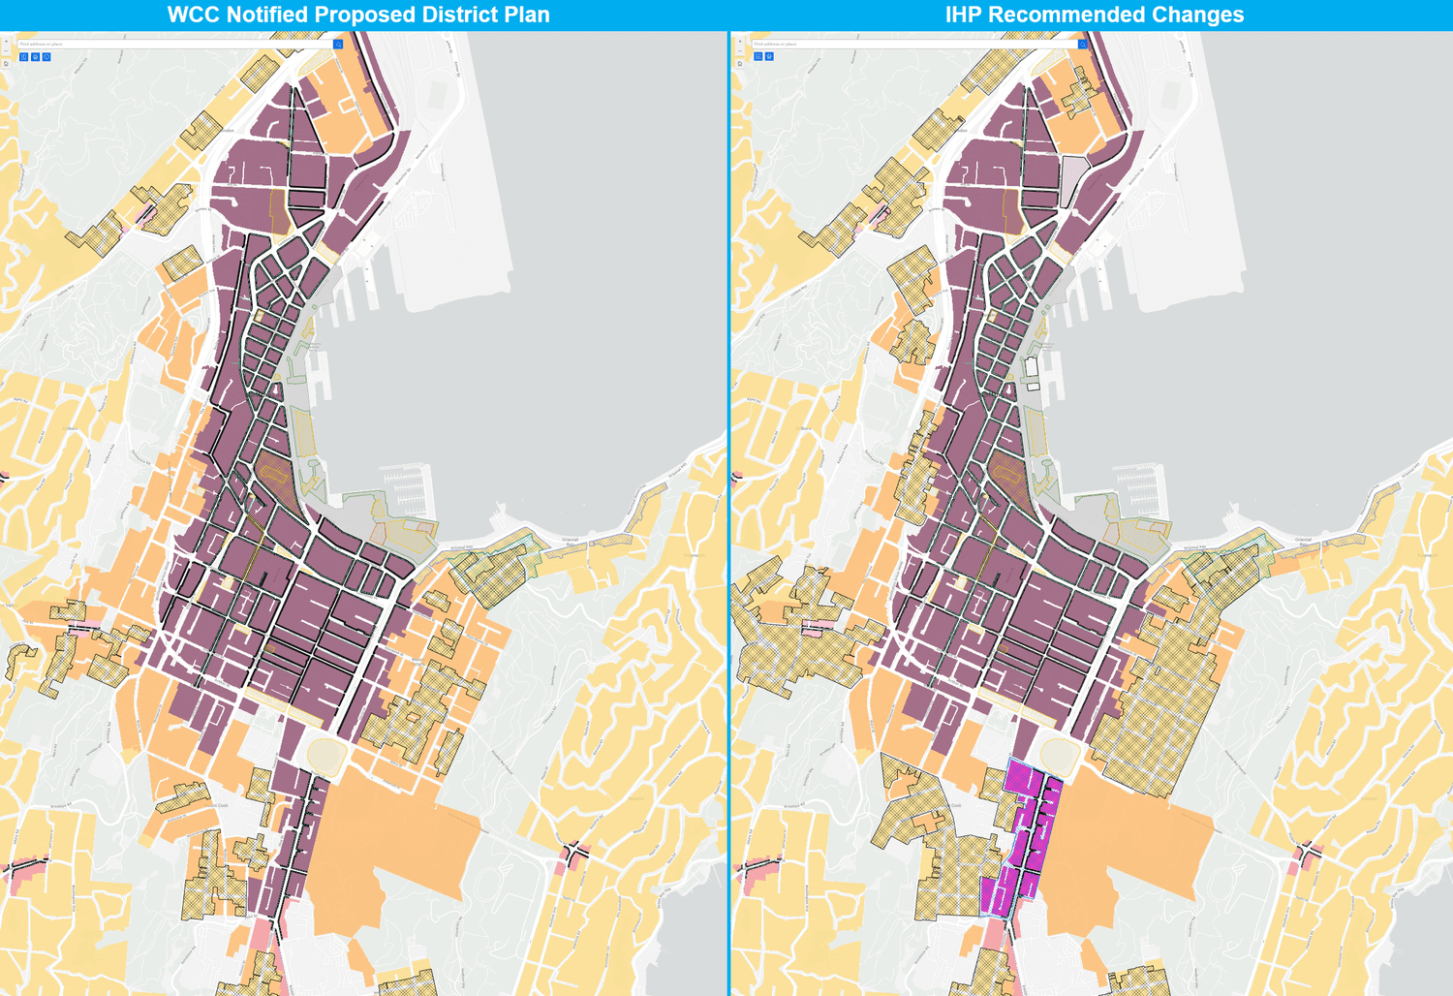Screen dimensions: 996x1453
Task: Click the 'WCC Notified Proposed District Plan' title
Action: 358,15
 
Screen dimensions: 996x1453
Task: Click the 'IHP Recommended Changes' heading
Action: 1094,15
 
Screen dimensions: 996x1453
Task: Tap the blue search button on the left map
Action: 338,45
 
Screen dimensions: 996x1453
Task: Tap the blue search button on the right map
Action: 1082,45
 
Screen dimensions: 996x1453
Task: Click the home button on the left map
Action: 6,64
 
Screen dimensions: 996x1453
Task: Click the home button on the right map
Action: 739,64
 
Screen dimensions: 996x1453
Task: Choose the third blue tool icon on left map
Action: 46,57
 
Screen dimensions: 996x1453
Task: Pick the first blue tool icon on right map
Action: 757,57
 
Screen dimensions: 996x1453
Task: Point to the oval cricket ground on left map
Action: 325,754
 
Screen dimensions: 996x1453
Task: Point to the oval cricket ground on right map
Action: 1059,754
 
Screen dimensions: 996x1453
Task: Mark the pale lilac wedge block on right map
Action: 1073,180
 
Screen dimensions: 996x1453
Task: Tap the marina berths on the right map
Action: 1137,489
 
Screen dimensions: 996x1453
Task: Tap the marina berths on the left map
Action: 404,489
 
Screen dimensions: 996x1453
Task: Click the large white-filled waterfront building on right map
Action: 1032,368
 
